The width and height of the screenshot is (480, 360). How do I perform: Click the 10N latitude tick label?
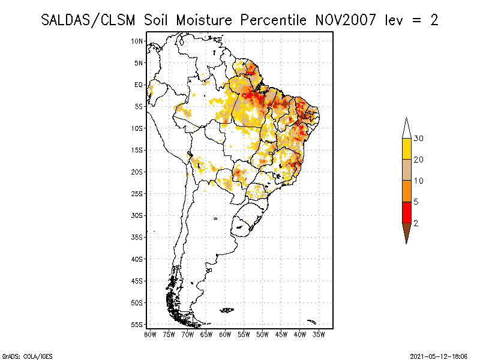137,41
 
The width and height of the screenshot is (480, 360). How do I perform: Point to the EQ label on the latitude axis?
139,85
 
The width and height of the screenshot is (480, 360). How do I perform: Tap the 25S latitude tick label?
137,194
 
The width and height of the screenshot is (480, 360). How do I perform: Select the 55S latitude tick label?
137,325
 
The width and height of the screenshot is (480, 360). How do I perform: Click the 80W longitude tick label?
150,335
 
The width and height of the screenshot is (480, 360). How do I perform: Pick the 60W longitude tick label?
225,335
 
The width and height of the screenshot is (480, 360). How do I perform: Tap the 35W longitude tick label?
319,335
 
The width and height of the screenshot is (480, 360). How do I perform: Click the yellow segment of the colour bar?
407,149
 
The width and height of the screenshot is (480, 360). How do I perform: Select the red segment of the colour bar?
407,212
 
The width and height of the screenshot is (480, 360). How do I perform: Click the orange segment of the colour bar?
407,191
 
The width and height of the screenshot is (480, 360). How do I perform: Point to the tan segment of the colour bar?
407,170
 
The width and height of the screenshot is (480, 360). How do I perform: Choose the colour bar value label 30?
418,139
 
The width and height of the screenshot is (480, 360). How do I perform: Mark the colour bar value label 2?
416,223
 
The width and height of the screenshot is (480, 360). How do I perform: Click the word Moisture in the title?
204,20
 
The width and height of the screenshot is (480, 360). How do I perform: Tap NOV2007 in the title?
346,20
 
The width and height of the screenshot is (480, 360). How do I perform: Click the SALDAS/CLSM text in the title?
88,20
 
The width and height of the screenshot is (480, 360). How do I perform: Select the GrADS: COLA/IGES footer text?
27,356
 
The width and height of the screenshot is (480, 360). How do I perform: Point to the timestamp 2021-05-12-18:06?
439,356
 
